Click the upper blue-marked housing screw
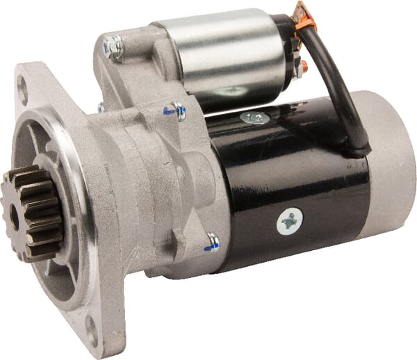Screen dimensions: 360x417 (177, 111)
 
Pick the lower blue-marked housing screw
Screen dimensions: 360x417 (212, 242)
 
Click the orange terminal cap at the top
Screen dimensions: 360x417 (304, 13)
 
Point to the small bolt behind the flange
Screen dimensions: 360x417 (101, 108)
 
